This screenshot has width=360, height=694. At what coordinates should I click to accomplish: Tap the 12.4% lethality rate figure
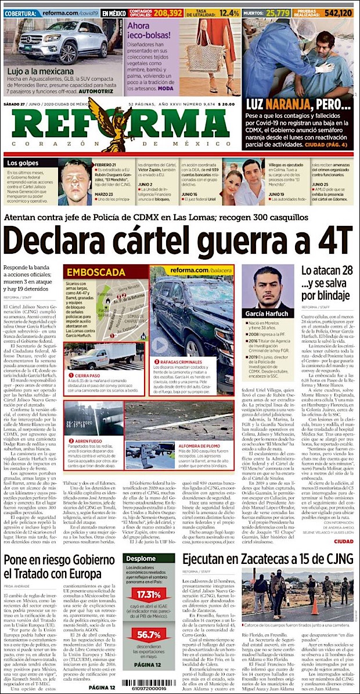[229, 12]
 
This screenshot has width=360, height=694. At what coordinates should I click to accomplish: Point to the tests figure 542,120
[339, 12]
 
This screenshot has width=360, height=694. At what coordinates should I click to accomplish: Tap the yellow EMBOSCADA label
[96, 272]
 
